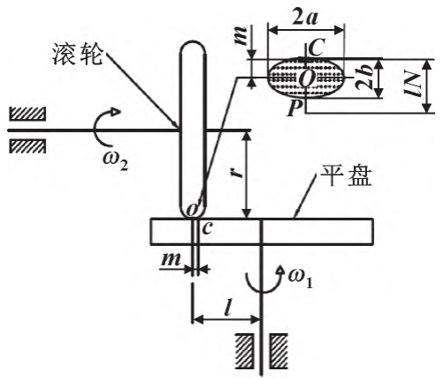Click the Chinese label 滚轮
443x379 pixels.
click(x=78, y=55)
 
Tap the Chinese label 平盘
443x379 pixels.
click(x=346, y=175)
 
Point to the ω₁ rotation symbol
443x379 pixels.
click(x=300, y=279)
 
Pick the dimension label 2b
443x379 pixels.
click(x=364, y=79)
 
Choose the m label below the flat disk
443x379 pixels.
click(x=170, y=259)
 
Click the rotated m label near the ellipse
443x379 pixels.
click(x=241, y=35)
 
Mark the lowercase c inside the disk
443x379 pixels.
click(x=207, y=228)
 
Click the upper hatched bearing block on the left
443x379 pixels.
click(x=27, y=114)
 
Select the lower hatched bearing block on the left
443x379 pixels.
click(x=27, y=146)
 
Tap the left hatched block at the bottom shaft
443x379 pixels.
click(x=244, y=351)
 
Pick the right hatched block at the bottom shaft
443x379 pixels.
click(x=279, y=351)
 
